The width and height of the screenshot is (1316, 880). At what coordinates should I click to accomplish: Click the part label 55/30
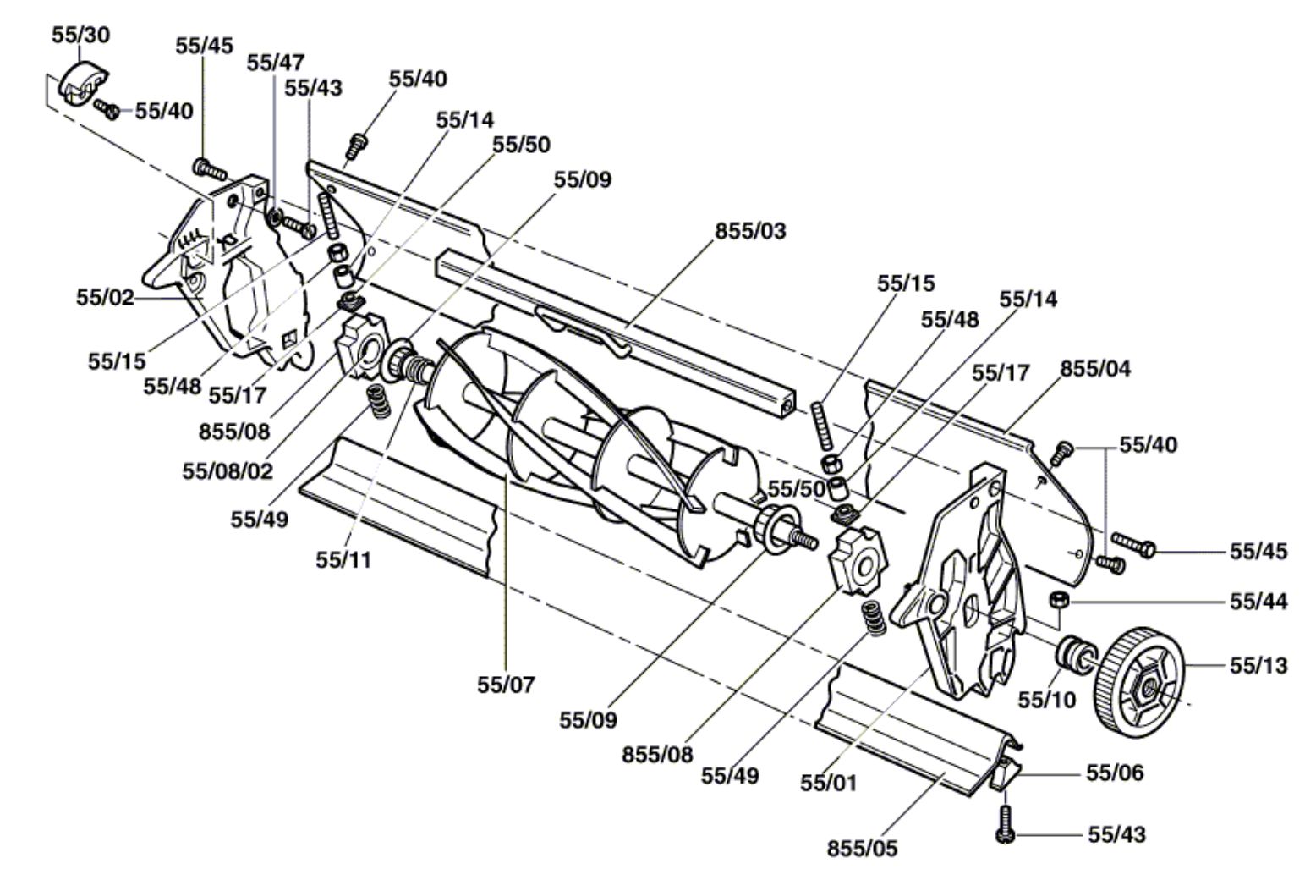coord(81,36)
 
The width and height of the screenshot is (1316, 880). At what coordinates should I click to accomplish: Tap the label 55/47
coord(276,63)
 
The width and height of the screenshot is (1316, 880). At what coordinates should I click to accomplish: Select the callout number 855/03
coord(750,231)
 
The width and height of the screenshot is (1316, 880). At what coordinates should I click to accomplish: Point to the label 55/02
coord(105,298)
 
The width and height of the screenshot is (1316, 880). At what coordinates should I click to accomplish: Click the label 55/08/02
coord(228,471)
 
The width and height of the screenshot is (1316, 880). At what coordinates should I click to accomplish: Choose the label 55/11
coord(343,560)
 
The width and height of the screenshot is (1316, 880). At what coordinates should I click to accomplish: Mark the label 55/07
coord(506,685)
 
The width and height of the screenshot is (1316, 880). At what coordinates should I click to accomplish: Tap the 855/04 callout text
coord(1096,369)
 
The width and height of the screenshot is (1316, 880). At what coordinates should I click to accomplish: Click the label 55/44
coord(1259,602)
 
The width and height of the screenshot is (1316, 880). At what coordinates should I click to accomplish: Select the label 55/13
coord(1259,665)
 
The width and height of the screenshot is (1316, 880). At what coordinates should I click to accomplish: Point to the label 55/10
coord(1047,700)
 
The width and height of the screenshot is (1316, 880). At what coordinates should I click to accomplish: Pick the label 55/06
coord(1115,773)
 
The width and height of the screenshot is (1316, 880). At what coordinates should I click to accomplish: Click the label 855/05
coord(863,848)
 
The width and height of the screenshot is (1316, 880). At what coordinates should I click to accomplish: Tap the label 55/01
coord(828,783)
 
